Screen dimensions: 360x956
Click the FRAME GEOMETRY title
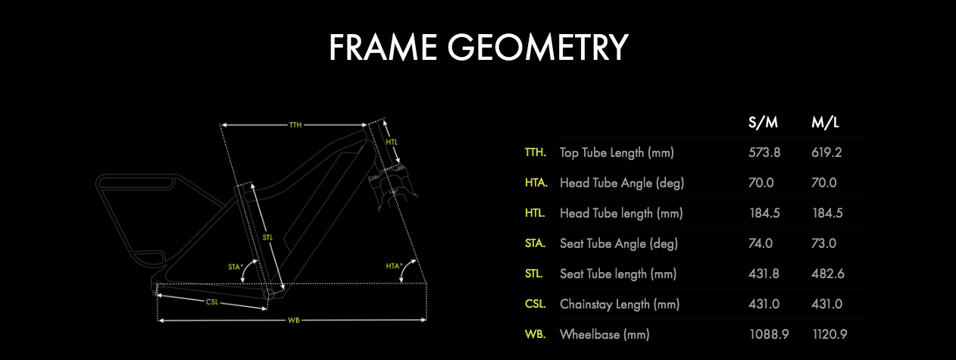coord(478,47)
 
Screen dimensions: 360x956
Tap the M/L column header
coord(826,123)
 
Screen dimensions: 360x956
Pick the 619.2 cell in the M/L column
coord(827,152)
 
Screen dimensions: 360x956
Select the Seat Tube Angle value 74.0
coord(761,243)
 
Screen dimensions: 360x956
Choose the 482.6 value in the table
coord(827,274)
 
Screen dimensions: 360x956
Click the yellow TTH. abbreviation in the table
coord(535,152)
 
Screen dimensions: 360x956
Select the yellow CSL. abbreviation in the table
coord(535,304)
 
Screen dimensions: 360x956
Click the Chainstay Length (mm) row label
coord(620,304)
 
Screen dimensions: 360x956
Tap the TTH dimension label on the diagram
coord(295,125)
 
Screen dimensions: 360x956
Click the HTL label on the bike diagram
coord(391,142)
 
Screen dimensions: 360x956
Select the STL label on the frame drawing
coord(268,237)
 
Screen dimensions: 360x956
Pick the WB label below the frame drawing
coord(292,321)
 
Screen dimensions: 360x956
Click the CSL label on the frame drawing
coord(213,302)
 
